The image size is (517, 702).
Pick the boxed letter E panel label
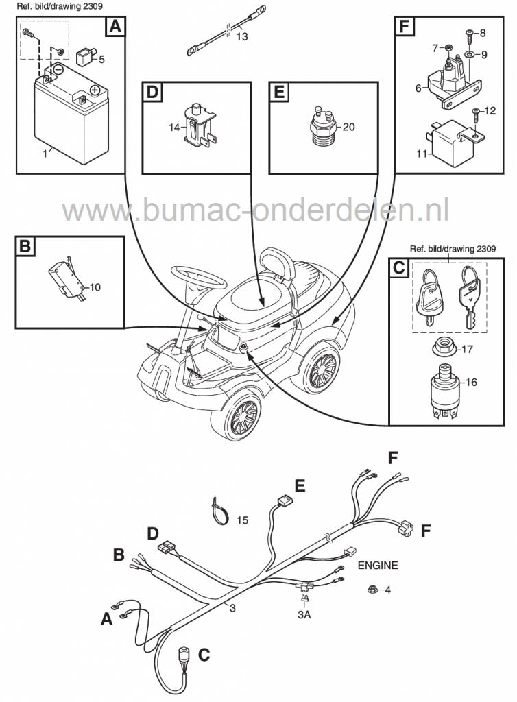coord(278,92)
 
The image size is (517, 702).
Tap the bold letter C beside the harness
coord(204,655)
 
